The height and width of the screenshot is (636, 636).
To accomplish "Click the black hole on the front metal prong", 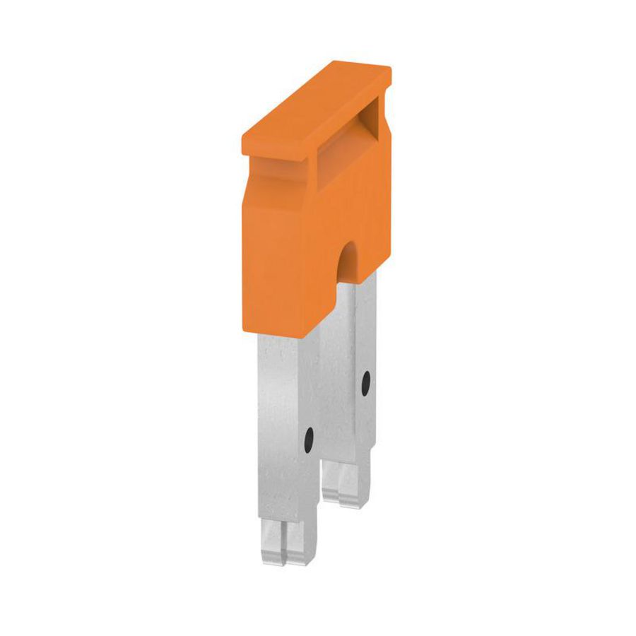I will point(310,441).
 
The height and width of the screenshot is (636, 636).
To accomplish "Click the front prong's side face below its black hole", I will point(311,495).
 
